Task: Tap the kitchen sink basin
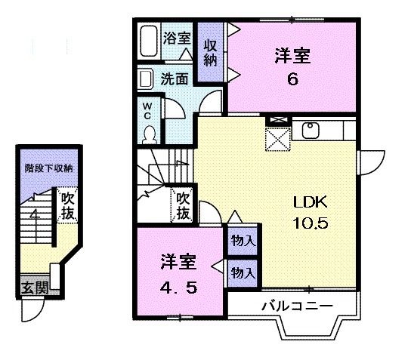click(x=311, y=131)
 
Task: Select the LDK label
click(x=310, y=202)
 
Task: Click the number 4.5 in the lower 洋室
click(x=178, y=288)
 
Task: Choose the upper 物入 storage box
click(x=243, y=242)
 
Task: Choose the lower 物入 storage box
click(x=243, y=270)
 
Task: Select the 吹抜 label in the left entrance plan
click(x=68, y=206)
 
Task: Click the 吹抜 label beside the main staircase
click(x=183, y=204)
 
